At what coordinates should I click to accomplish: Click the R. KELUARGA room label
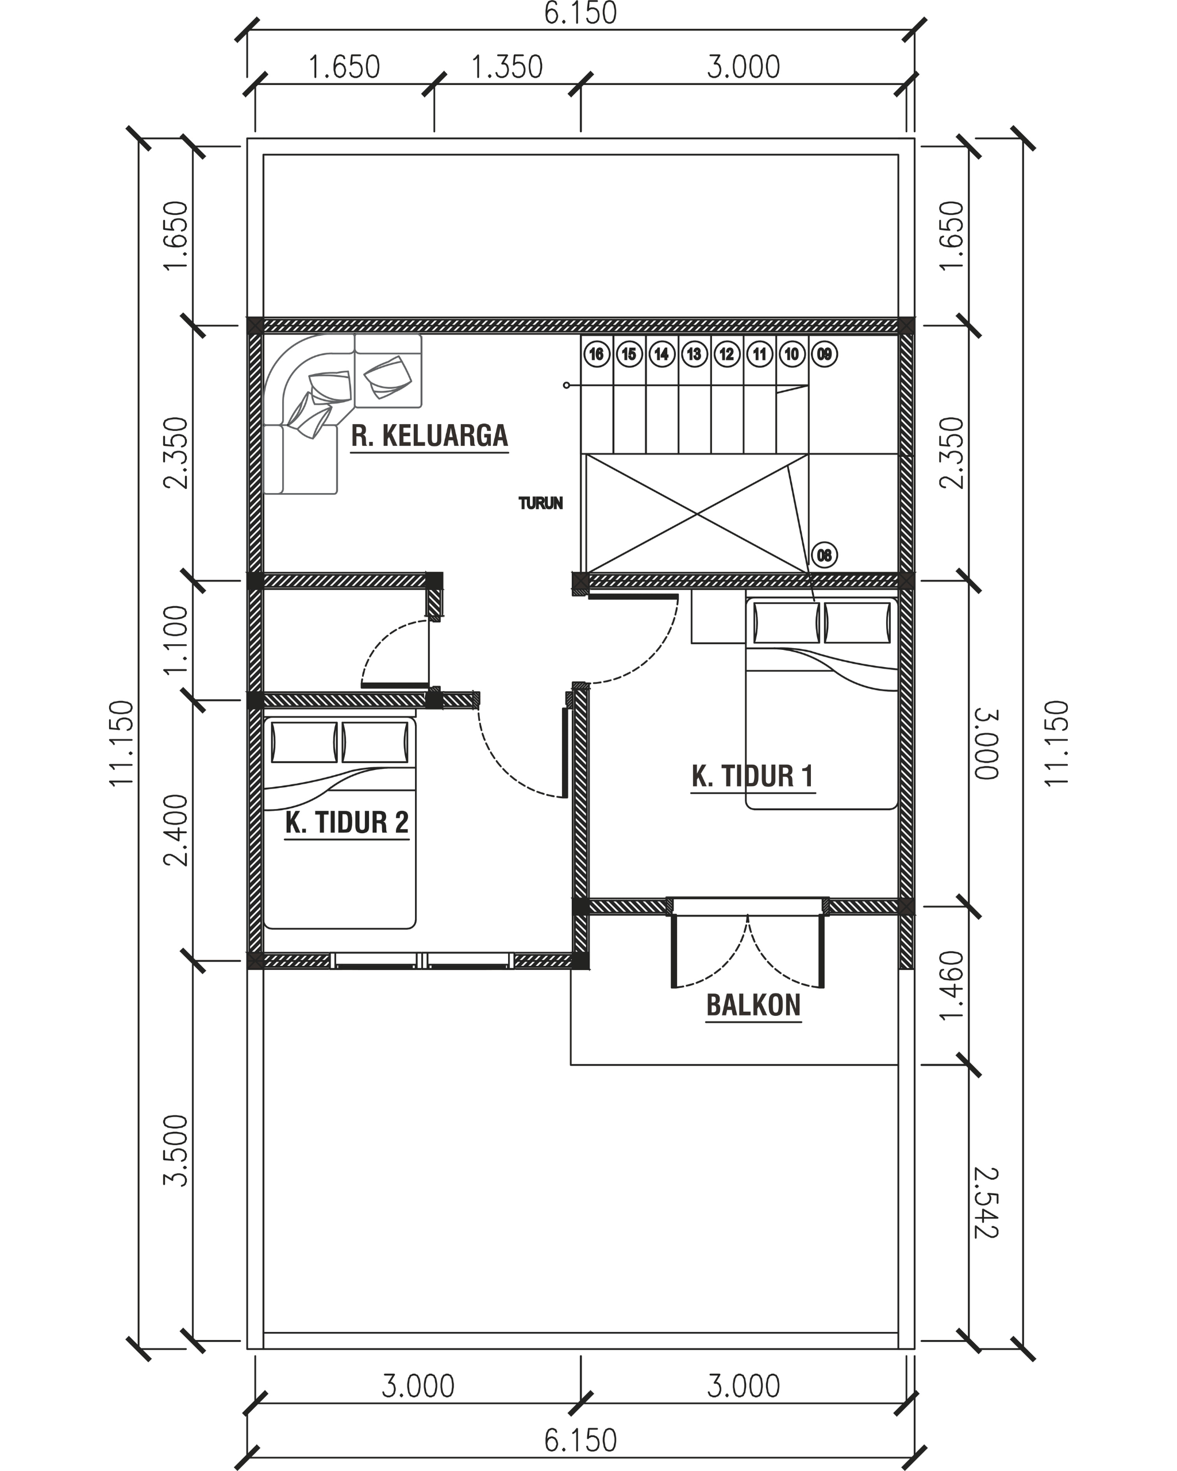(x=430, y=436)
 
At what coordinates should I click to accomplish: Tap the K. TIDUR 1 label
(x=753, y=776)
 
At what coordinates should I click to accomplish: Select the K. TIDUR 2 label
(x=347, y=822)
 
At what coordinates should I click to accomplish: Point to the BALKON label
(x=753, y=1005)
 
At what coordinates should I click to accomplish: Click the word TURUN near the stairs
(x=540, y=503)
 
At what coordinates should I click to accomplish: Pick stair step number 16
(x=597, y=354)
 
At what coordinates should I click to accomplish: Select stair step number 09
(x=824, y=354)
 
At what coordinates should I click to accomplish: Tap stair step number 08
(x=824, y=554)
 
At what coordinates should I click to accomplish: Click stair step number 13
(x=694, y=354)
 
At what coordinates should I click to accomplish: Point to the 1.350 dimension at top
(x=507, y=67)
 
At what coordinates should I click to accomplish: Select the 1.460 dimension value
(x=951, y=986)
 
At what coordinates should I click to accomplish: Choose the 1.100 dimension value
(x=175, y=640)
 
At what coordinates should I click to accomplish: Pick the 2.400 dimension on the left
(x=175, y=830)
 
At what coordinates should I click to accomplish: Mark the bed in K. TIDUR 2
(x=339, y=822)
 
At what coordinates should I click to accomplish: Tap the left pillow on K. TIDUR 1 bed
(x=786, y=622)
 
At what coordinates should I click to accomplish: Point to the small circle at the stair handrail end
(x=566, y=386)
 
